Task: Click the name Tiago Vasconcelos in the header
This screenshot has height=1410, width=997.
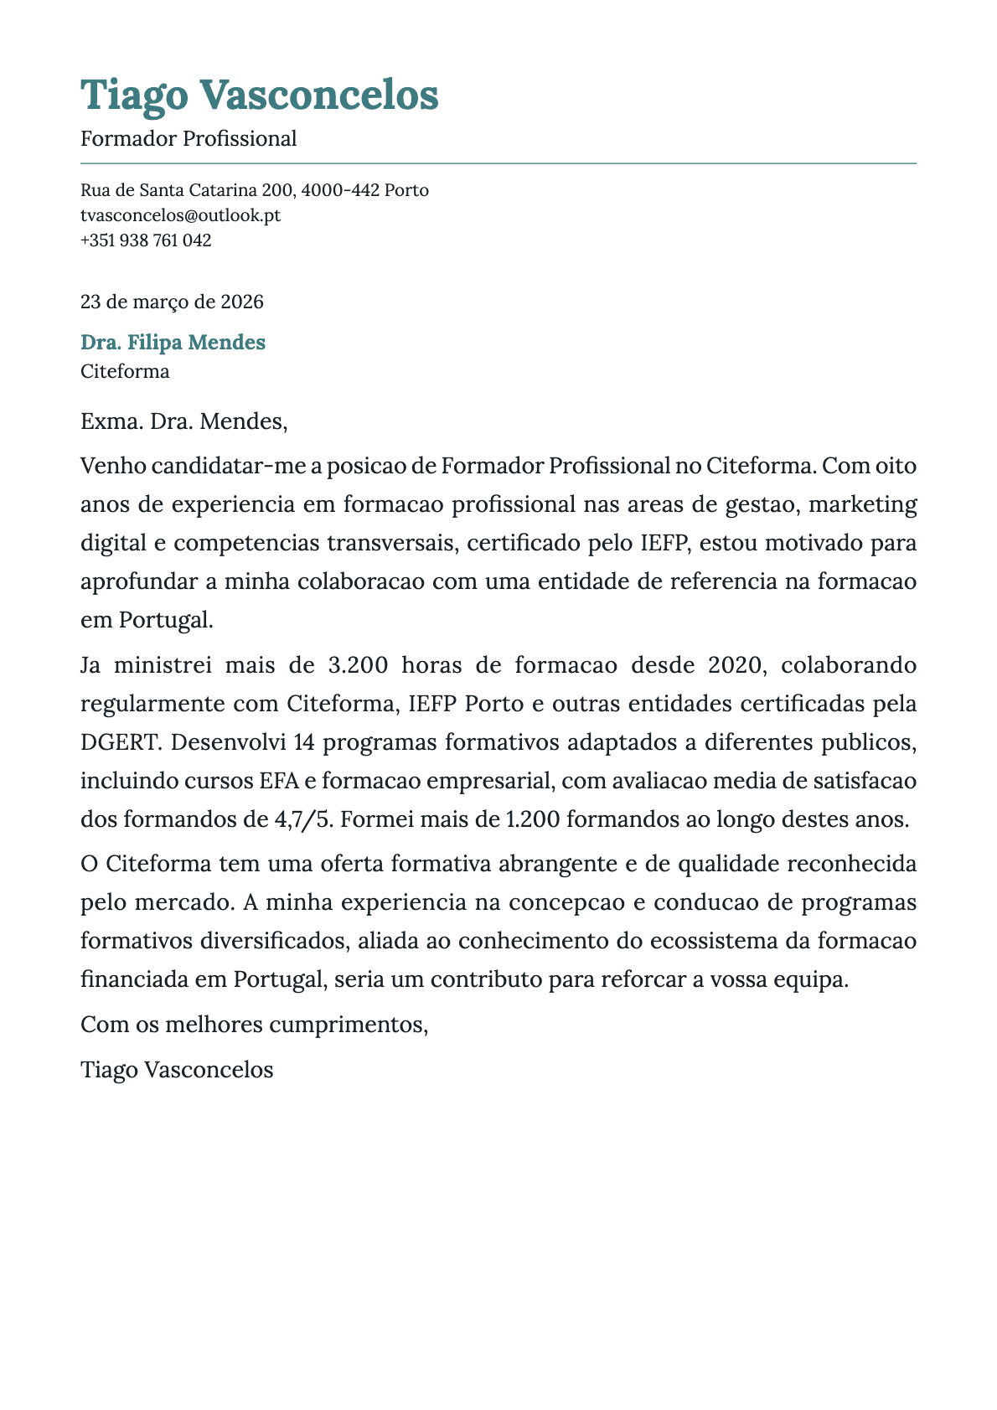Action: click(x=259, y=95)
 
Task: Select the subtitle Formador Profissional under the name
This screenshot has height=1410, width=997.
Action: click(x=189, y=138)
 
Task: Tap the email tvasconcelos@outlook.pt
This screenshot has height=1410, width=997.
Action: click(x=180, y=215)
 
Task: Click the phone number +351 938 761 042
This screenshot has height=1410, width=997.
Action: click(x=146, y=240)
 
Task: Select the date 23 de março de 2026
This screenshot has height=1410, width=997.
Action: click(x=172, y=302)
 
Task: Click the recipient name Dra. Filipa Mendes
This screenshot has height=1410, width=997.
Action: click(x=173, y=342)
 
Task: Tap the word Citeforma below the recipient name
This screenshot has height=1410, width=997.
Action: click(x=125, y=371)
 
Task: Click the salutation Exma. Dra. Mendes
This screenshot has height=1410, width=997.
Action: click(x=183, y=421)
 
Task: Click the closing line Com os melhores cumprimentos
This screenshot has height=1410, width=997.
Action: click(x=254, y=1024)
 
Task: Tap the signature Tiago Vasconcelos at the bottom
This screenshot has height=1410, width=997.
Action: click(x=177, y=1070)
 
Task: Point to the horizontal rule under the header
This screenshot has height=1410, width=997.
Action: click(x=498, y=163)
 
